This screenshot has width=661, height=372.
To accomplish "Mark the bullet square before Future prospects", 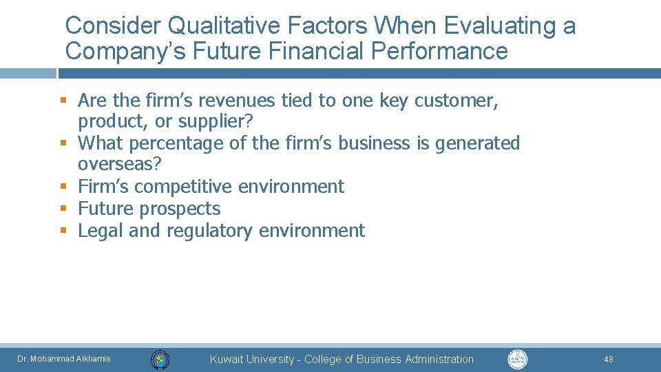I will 62,208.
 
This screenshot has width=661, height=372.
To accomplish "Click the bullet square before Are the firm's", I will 62,100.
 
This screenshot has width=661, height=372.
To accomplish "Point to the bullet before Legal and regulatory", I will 62,230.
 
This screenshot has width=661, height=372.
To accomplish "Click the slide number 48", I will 608,359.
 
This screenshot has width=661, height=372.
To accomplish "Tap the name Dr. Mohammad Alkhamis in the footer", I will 63,359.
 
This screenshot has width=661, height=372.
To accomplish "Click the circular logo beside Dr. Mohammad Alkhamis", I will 160,359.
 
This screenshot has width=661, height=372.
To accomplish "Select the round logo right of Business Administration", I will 517,359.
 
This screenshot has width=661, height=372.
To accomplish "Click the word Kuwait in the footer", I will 226,359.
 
